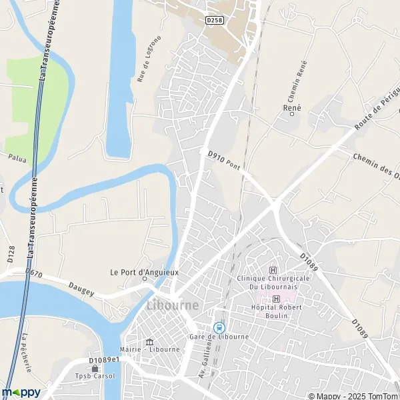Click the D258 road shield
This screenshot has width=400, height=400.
coord(215,21)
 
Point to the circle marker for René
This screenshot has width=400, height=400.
coord(292,114)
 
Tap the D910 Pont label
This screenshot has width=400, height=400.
coord(223,159)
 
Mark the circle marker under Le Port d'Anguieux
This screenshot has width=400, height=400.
coord(145,280)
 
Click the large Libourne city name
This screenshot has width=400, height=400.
coord(172,305)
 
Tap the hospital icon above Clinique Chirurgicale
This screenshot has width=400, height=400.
coord(272,270)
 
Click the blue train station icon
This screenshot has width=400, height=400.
coord(218,327)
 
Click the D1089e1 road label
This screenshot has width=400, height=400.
coord(103,360)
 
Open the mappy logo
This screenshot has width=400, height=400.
coord(21,392)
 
